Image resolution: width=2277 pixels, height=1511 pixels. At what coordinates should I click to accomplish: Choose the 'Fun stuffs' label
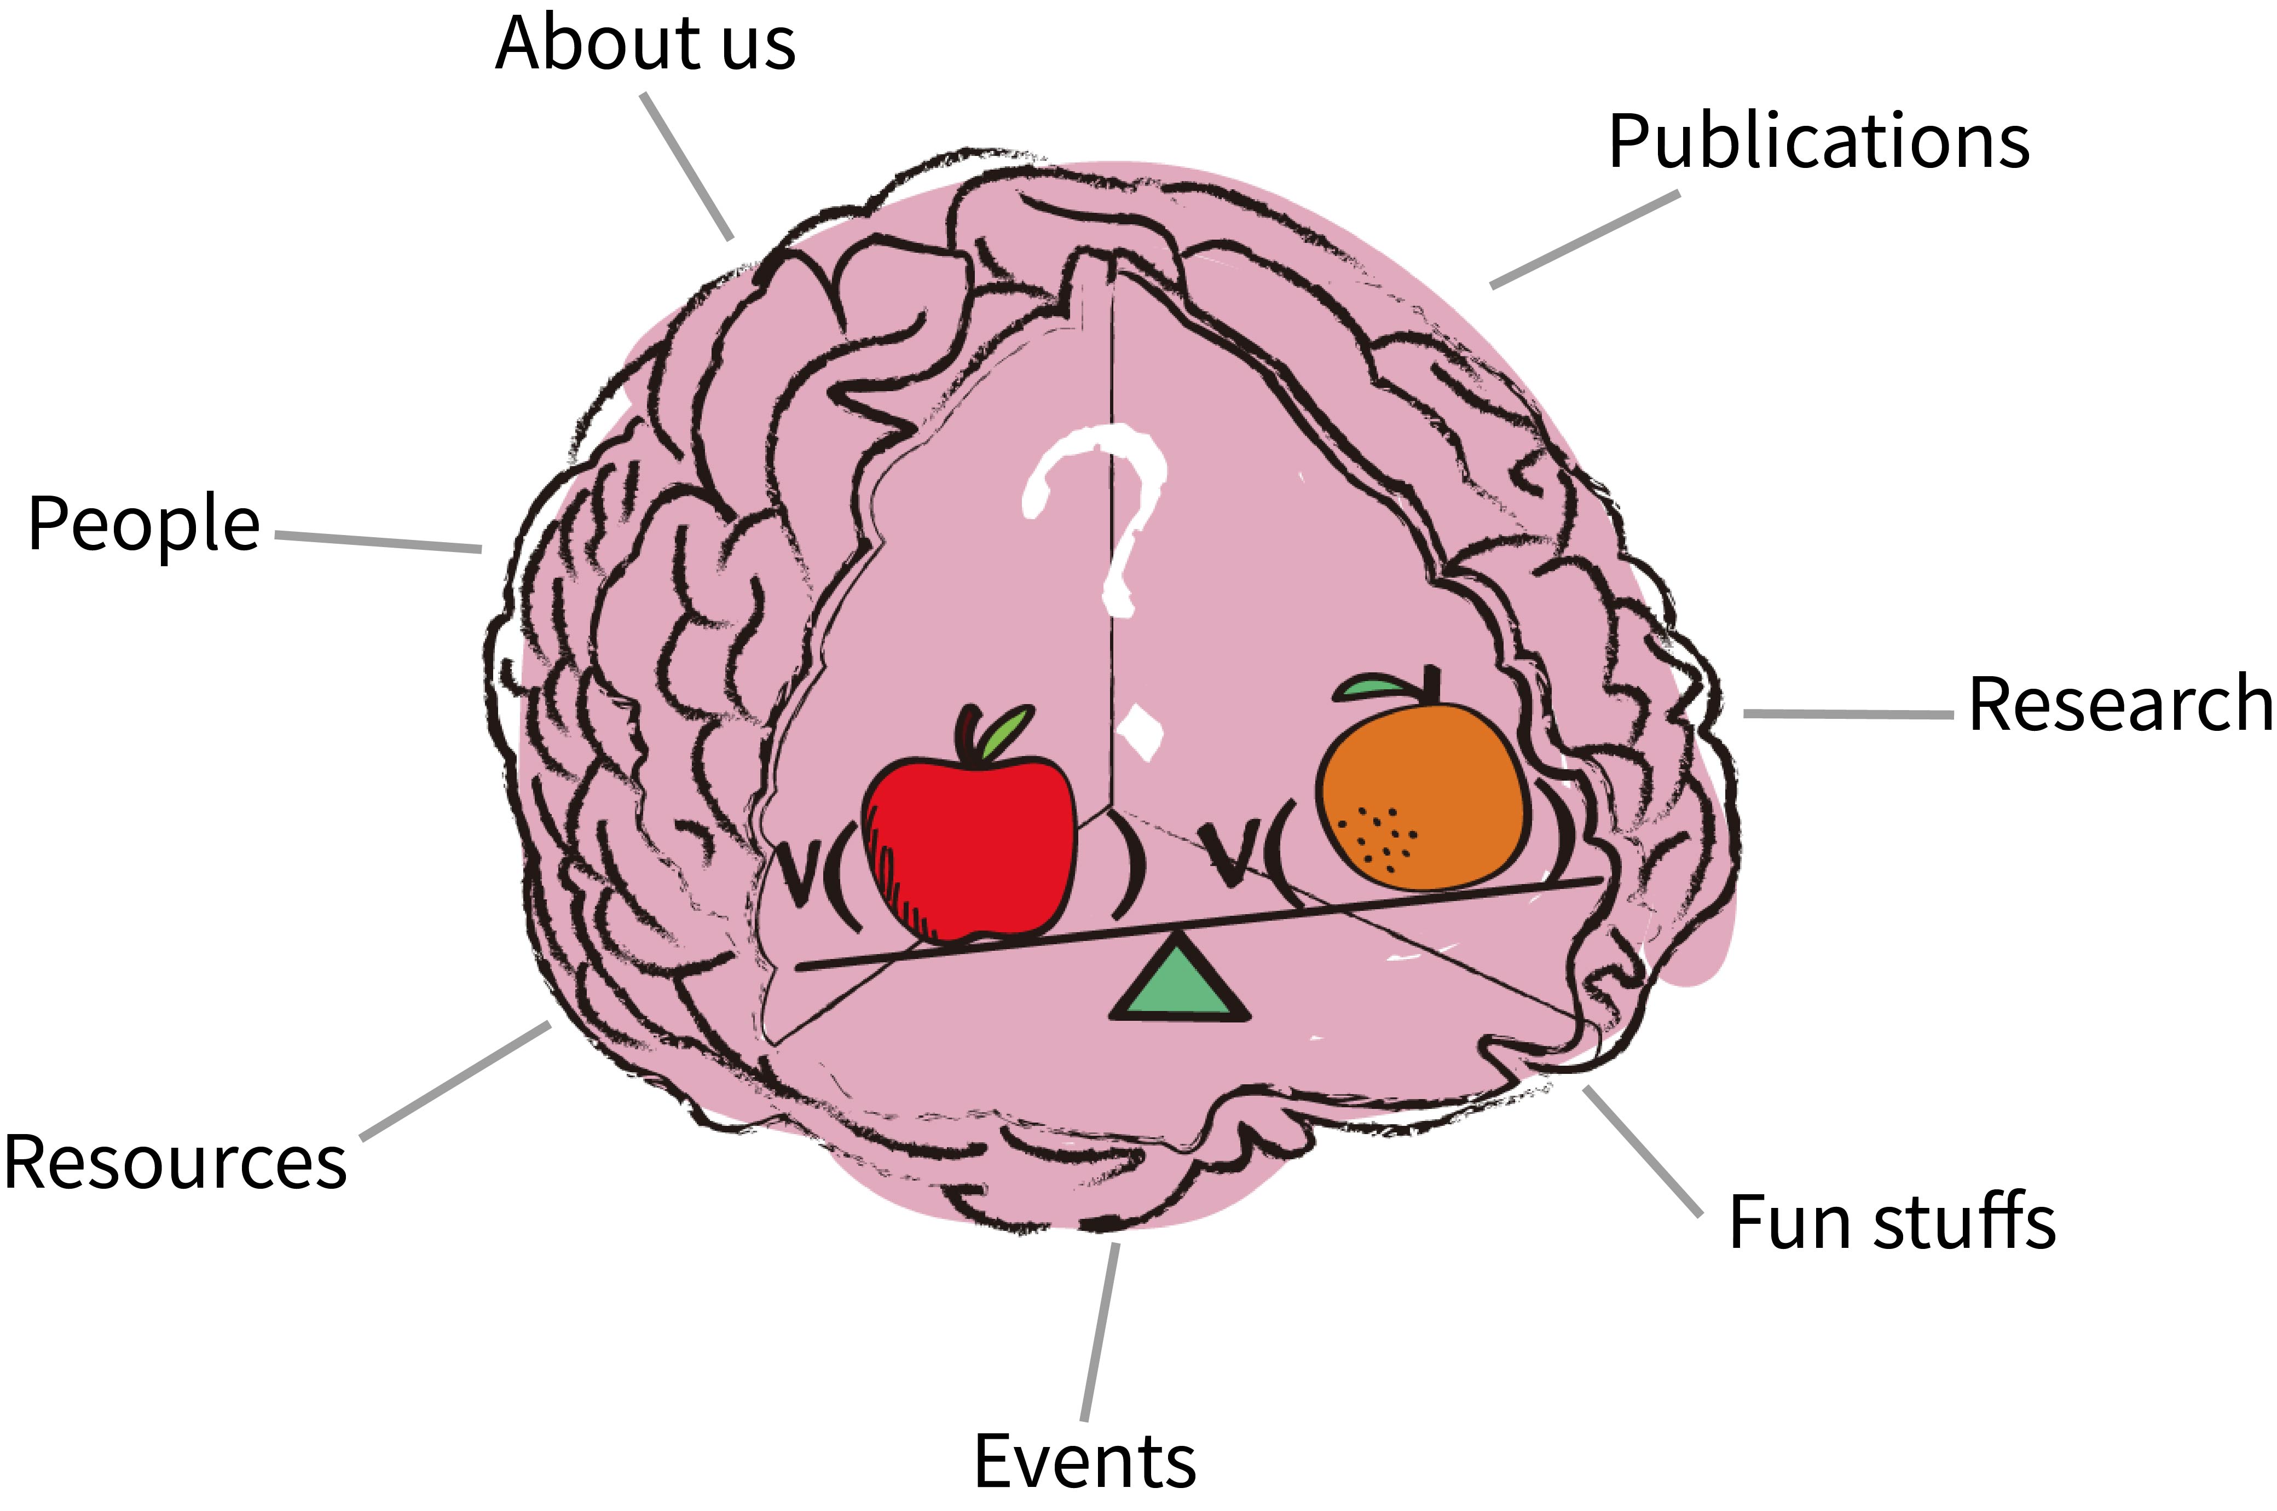(1892, 1222)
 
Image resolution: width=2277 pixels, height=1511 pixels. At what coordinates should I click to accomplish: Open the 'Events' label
(1084, 1461)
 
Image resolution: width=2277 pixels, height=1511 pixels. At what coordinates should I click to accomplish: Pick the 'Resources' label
(176, 1161)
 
